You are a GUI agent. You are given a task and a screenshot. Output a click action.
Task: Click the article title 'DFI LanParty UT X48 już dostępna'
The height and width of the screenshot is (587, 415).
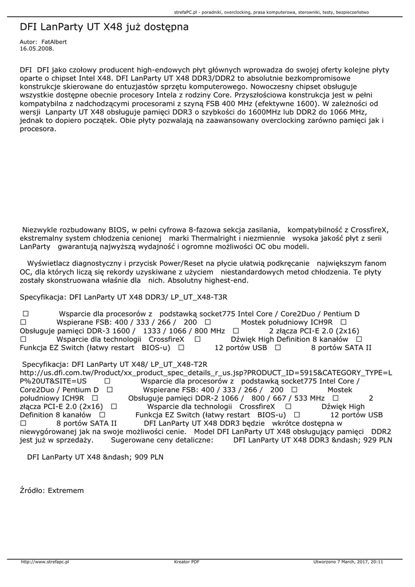point(104,27)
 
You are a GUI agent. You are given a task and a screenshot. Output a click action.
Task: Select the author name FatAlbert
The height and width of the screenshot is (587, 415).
point(55,42)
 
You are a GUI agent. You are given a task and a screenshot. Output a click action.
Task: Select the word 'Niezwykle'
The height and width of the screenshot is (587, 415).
point(39,229)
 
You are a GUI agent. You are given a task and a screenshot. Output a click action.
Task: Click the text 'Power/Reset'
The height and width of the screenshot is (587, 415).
point(185,264)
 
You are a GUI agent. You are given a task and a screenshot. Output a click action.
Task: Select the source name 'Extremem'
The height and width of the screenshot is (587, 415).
point(66,491)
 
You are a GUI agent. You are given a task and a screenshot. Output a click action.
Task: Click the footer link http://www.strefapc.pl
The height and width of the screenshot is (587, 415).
point(45,562)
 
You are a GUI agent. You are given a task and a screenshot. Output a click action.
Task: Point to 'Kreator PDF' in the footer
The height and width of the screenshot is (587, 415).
point(187,562)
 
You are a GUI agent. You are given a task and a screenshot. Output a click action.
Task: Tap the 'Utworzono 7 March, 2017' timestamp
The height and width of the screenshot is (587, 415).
point(348,562)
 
